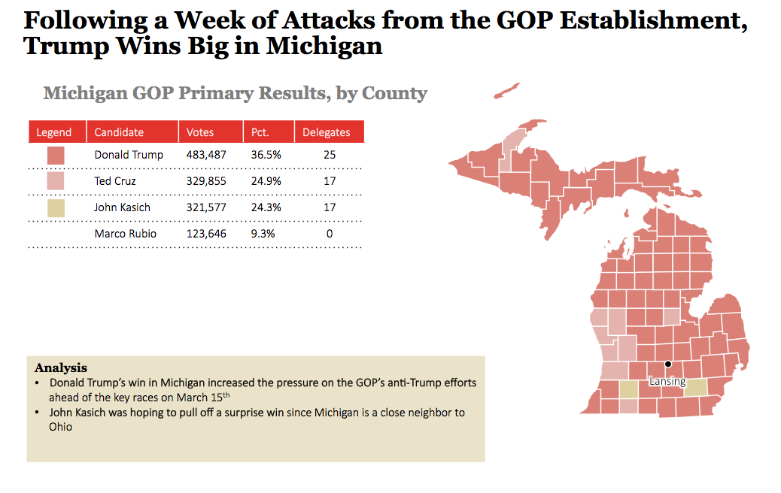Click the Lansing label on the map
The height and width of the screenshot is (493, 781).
pyautogui.click(x=667, y=381)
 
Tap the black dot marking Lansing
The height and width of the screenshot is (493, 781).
pyautogui.click(x=668, y=364)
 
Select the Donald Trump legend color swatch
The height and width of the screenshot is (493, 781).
pyautogui.click(x=56, y=156)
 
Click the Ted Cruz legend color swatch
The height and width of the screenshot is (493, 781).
pyautogui.click(x=56, y=181)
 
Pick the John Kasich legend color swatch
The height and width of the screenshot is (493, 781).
pyautogui.click(x=56, y=207)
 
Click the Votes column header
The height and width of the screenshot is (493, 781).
pyautogui.click(x=200, y=132)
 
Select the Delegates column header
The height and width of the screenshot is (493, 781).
pyautogui.click(x=326, y=132)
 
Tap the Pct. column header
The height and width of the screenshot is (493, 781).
pyautogui.click(x=260, y=132)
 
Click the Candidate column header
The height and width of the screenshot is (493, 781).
pyautogui.click(x=119, y=132)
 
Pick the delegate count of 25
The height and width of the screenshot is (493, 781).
pyautogui.click(x=330, y=155)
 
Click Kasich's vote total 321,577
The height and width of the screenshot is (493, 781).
pyautogui.click(x=206, y=207)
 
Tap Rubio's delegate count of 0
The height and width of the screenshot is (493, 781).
pyautogui.click(x=330, y=234)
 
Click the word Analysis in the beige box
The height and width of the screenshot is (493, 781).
pyautogui.click(x=61, y=368)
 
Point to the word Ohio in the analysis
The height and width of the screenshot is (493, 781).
pyautogui.click(x=61, y=426)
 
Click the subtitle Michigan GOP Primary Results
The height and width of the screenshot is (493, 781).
pyautogui.click(x=235, y=93)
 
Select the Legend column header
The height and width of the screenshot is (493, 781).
pyautogui.click(x=54, y=132)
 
